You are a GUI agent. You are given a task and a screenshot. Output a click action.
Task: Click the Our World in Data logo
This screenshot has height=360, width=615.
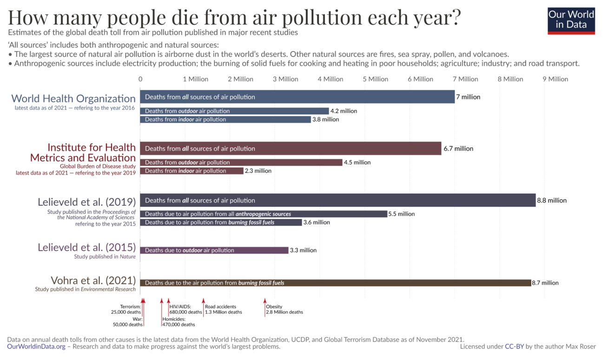coord(571,20)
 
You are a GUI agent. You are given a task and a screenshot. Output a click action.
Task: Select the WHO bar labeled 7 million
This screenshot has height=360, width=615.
coord(297,97)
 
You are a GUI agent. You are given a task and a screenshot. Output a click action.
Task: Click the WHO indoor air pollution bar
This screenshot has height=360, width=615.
coord(225,120)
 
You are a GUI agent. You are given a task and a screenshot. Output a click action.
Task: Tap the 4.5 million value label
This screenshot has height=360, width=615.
coord(357,162)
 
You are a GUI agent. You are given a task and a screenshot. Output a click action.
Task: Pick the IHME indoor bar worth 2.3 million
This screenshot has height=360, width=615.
coord(192,171)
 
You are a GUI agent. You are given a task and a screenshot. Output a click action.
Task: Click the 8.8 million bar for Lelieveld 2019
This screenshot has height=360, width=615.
coord(337,200)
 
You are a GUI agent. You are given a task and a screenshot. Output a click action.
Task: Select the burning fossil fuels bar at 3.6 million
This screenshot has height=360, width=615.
coord(221,222)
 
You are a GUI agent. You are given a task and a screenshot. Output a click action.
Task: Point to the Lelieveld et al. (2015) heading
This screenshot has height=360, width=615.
coord(87,247)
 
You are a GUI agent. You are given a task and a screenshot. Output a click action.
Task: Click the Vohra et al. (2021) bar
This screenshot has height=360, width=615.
coord(335,283)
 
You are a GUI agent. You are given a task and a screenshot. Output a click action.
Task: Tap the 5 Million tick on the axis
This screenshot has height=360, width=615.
coord(375,79)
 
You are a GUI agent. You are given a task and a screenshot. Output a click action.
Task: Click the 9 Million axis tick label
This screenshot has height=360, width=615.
coord(555,79)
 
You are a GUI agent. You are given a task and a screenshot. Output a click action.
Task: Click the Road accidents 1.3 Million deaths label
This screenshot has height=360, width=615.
coord(223,309)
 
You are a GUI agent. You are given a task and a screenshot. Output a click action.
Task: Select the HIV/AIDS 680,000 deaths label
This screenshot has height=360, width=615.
coord(185,309)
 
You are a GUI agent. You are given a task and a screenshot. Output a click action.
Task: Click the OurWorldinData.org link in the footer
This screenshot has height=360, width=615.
coord(36,347)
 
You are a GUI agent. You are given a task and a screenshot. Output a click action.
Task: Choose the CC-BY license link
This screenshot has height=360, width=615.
coord(514,347)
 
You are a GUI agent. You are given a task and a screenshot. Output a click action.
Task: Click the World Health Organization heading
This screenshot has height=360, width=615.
coord(73,99)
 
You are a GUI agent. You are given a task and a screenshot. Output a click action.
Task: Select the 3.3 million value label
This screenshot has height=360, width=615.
coord(303,250)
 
